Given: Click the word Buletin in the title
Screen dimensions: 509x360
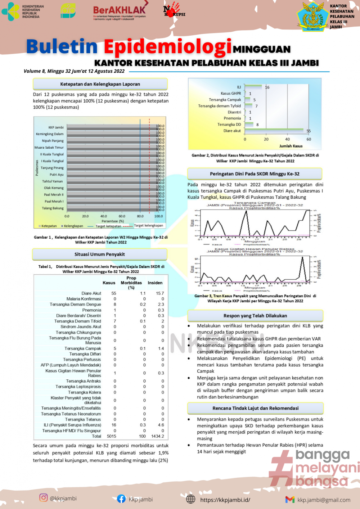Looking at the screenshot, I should point(62,47).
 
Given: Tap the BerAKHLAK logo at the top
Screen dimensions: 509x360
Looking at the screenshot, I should point(119,12).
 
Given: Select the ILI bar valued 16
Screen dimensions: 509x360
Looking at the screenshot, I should point(253,86).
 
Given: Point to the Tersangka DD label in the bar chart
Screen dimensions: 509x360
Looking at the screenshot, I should point(229,125).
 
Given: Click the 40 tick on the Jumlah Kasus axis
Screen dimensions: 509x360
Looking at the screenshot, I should point(287,139).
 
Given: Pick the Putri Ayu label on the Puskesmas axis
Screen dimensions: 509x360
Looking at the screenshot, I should point(57,175).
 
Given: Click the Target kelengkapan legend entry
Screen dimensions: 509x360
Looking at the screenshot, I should point(148,226).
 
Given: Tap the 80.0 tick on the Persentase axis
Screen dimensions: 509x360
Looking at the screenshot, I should point(140,216).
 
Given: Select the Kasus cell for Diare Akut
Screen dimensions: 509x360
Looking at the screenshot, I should point(114,293).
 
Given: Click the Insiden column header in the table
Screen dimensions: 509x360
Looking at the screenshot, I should point(155,283).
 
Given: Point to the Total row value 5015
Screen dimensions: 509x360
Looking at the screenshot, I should point(112,436).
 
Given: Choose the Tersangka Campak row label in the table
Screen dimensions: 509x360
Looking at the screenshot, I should point(83,348).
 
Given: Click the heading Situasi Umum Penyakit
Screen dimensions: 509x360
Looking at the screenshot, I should point(100,254).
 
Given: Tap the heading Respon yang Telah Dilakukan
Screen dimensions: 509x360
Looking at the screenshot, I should point(255,316).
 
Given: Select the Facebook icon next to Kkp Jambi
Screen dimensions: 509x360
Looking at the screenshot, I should point(121,499).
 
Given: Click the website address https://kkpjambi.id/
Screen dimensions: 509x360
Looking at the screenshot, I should point(225,500).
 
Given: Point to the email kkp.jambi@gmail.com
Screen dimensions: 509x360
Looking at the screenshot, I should point(324,500).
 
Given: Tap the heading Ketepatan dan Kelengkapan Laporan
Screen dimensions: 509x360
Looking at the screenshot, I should point(100,84).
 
